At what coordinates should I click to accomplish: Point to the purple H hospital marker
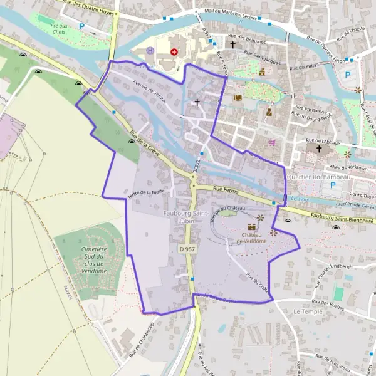[x=150, y=50]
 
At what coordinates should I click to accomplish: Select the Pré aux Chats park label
[x=60, y=28]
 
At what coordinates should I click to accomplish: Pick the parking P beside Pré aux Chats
[x=82, y=27]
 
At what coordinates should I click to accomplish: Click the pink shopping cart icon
[x=271, y=143]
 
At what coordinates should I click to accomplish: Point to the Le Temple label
[x=307, y=311]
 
